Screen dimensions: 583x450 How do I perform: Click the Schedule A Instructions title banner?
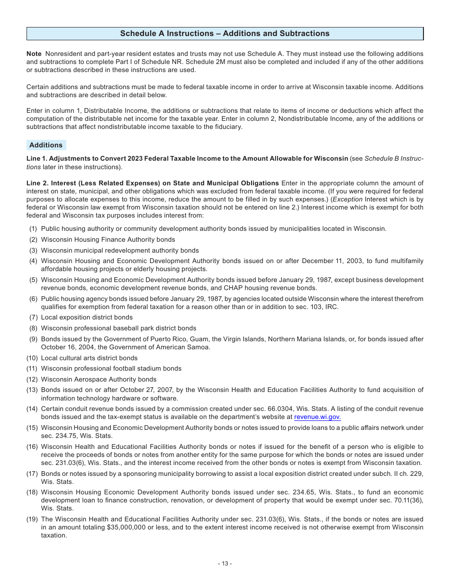[225, 34]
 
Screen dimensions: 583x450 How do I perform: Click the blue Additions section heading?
[46, 145]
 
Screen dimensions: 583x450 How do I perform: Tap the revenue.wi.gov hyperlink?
[317, 417]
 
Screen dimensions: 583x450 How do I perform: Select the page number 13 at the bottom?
[225, 564]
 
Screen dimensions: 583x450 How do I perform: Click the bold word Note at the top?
[34, 54]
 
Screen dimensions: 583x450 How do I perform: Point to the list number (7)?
[34, 318]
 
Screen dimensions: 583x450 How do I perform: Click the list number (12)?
[32, 379]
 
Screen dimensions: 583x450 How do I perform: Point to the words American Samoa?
[184, 347]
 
